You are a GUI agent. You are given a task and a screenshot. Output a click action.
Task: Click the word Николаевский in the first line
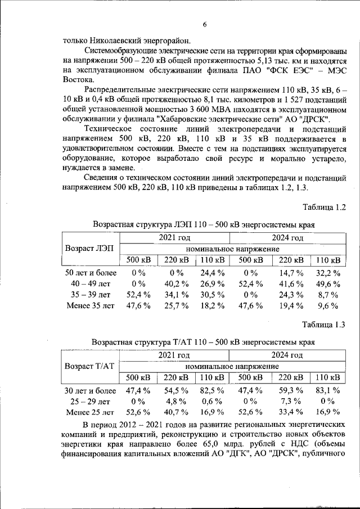click(110, 40)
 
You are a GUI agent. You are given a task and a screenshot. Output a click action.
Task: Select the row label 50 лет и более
click(90, 273)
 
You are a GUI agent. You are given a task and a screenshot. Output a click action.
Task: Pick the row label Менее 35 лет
click(90, 306)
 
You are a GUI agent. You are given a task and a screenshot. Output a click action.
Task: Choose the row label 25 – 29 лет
click(90, 402)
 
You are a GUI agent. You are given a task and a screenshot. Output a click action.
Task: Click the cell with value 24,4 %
click(213, 273)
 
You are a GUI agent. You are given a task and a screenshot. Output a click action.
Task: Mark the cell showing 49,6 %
click(327, 284)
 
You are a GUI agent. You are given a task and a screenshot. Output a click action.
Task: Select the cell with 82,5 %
click(213, 390)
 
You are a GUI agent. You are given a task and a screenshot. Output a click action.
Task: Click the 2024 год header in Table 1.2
click(287, 238)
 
